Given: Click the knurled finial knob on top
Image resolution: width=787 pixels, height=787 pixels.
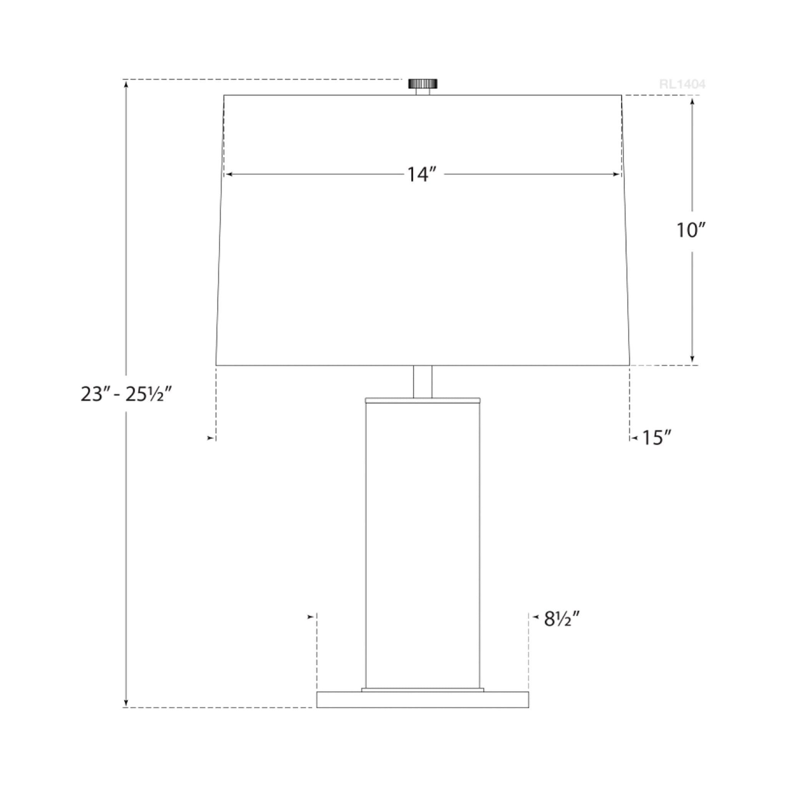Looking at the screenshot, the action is click(x=423, y=83).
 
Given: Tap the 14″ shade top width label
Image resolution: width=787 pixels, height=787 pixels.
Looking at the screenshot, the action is click(x=422, y=175).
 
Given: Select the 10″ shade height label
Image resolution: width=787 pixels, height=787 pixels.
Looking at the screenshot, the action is click(x=691, y=231).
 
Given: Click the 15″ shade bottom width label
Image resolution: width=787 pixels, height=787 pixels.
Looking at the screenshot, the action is click(x=656, y=438).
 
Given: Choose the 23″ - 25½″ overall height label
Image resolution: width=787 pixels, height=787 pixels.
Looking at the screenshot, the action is click(x=126, y=394).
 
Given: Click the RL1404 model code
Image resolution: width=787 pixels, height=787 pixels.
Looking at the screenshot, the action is click(x=682, y=84).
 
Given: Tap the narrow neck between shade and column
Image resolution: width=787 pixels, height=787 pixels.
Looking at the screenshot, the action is click(x=423, y=382).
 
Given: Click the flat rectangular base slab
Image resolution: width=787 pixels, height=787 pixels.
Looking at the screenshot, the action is click(x=422, y=699).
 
